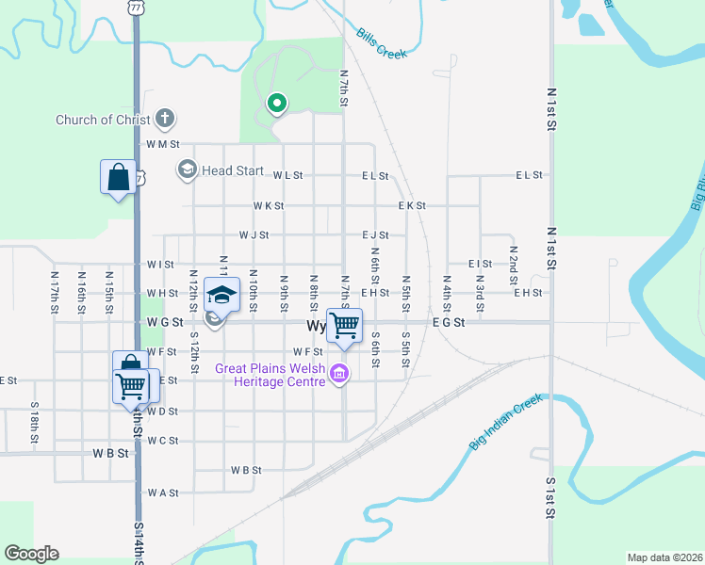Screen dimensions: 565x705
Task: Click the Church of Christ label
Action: pyautogui.click(x=103, y=120)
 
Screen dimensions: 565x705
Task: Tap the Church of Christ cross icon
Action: pyautogui.click(x=165, y=119)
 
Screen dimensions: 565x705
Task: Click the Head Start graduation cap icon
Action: pyautogui.click(x=187, y=169)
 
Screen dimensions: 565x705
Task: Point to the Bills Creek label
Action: pyautogui.click(x=382, y=43)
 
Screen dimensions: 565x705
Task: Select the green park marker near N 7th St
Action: pyautogui.click(x=276, y=104)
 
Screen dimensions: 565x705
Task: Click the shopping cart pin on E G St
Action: pyautogui.click(x=344, y=325)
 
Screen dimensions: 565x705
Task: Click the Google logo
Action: pyautogui.click(x=31, y=554)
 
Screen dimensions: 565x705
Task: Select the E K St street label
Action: pyautogui.click(x=412, y=205)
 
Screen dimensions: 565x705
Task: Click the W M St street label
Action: pyautogui.click(x=162, y=144)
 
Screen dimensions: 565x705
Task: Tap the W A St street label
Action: pyautogui.click(x=162, y=492)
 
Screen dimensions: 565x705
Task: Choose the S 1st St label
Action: pyautogui.click(x=549, y=497)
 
